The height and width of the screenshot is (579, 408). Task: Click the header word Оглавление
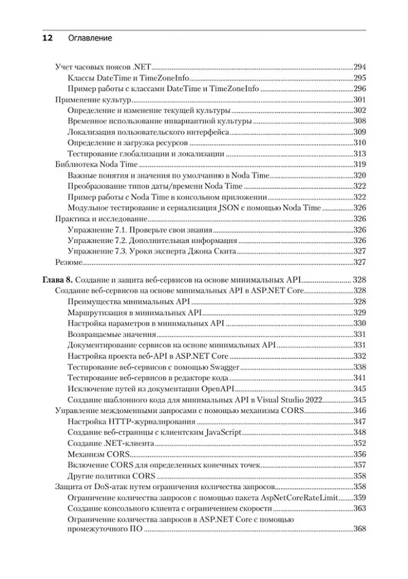[x=90, y=39]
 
